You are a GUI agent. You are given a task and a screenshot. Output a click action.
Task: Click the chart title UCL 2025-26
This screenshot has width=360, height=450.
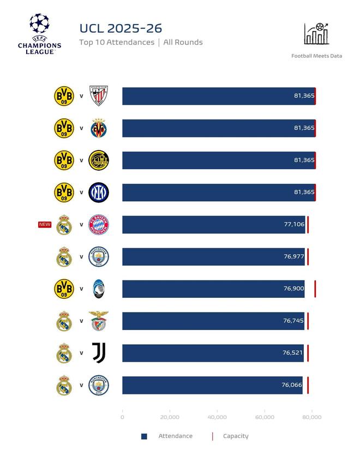(121, 28)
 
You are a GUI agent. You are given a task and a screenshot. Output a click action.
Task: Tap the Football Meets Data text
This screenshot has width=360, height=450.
(316, 56)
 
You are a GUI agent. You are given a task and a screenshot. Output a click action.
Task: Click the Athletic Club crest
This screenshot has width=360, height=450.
(99, 96)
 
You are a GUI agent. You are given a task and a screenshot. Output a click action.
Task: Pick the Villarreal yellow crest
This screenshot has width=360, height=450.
(99, 128)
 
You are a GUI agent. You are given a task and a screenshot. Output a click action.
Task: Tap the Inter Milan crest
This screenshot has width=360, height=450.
(99, 193)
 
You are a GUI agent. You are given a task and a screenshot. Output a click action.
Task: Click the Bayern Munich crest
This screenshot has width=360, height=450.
(99, 225)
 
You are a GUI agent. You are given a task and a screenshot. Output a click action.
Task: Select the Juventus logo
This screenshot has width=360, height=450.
(99, 353)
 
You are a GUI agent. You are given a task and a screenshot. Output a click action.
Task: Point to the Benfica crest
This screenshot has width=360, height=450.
(99, 321)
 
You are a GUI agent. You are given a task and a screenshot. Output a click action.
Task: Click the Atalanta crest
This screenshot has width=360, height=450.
(99, 289)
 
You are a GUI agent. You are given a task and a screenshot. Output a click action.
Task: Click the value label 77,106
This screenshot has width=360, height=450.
(294, 225)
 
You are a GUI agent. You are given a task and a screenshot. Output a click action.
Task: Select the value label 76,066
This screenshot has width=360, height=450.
(292, 385)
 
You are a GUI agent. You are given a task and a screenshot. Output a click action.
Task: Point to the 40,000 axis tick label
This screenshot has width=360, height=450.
(217, 417)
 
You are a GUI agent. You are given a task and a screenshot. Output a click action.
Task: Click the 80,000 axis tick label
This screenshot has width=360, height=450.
(312, 417)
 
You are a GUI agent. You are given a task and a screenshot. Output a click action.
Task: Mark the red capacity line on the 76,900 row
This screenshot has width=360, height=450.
(315, 289)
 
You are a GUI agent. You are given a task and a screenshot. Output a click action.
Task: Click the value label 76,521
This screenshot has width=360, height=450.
(293, 353)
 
